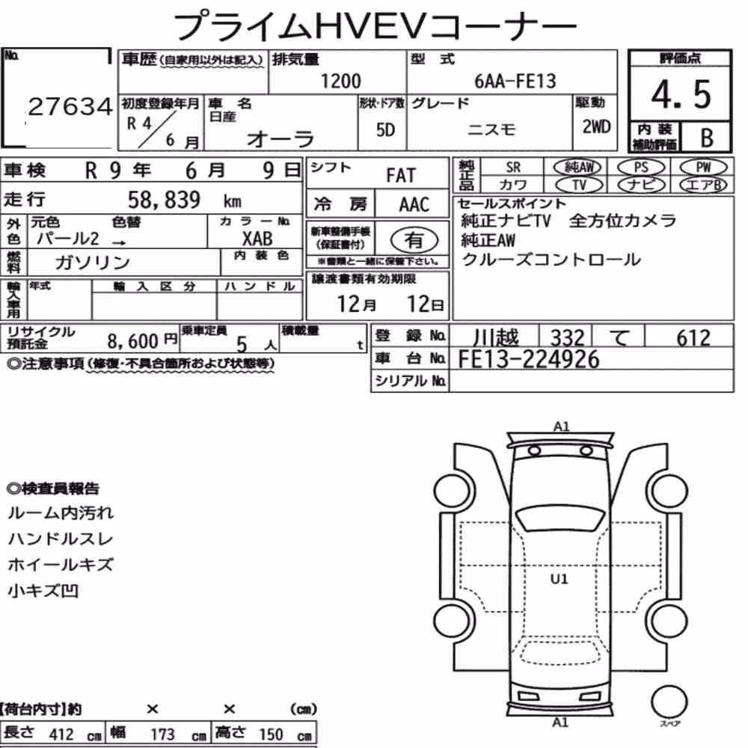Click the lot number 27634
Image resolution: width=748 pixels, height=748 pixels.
70,106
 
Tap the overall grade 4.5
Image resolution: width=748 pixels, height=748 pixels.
681,94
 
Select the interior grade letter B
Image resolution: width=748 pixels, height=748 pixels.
707,138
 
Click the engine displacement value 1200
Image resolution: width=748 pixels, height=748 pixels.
340,81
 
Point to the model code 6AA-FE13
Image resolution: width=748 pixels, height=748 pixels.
515,81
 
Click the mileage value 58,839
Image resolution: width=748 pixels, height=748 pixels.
164,200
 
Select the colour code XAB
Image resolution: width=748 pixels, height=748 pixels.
257,239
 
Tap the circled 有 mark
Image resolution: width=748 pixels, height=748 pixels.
414,240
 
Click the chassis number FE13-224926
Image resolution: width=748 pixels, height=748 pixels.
528,359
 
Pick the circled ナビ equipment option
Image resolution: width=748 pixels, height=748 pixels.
641,185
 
